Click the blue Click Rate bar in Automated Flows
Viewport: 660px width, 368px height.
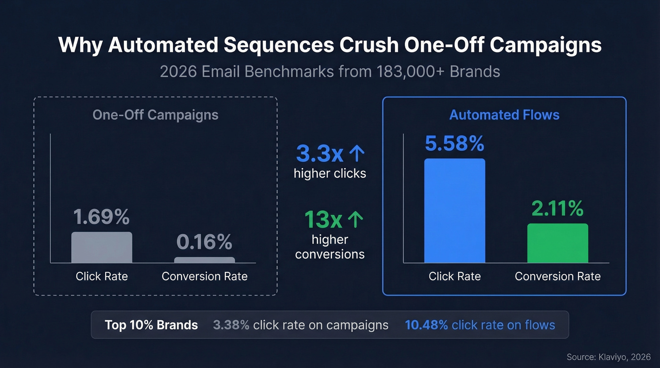pyautogui.click(x=454, y=211)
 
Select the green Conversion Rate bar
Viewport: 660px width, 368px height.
pyautogui.click(x=557, y=243)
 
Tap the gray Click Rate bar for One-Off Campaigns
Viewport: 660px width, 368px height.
pyautogui.click(x=101, y=247)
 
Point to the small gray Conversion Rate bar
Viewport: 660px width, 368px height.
pyautogui.click(x=204, y=260)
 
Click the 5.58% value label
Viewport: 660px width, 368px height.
pyautogui.click(x=454, y=144)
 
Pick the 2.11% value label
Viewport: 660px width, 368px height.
pyautogui.click(x=557, y=209)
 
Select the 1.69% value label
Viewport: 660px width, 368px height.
pyautogui.click(x=101, y=217)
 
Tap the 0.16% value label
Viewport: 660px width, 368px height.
pyautogui.click(x=204, y=242)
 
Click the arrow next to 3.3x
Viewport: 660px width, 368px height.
pyautogui.click(x=356, y=154)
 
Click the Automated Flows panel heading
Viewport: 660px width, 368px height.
pyautogui.click(x=504, y=115)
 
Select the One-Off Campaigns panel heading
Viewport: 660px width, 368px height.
pyautogui.click(x=155, y=115)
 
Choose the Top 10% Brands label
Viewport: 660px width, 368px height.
pyautogui.click(x=151, y=325)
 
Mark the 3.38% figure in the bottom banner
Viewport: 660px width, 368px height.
pyautogui.click(x=231, y=325)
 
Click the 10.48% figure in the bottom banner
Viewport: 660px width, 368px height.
pyautogui.click(x=426, y=325)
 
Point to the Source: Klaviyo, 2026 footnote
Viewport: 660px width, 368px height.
pyautogui.click(x=608, y=357)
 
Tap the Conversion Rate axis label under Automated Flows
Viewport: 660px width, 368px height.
pyautogui.click(x=557, y=276)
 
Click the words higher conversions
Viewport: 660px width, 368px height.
pyautogui.click(x=330, y=247)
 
